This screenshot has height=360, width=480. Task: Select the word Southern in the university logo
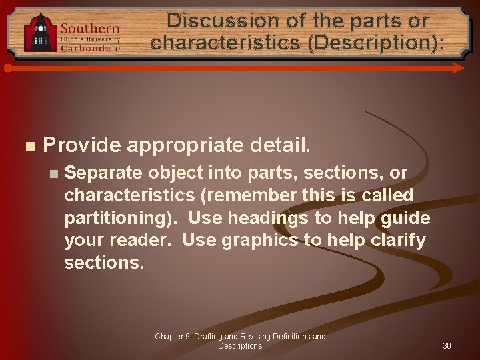90,29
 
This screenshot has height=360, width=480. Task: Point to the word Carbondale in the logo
90,47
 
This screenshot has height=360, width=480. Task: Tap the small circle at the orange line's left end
7,68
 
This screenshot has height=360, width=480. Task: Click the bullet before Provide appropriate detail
28,145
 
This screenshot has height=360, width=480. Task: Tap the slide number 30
447,346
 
